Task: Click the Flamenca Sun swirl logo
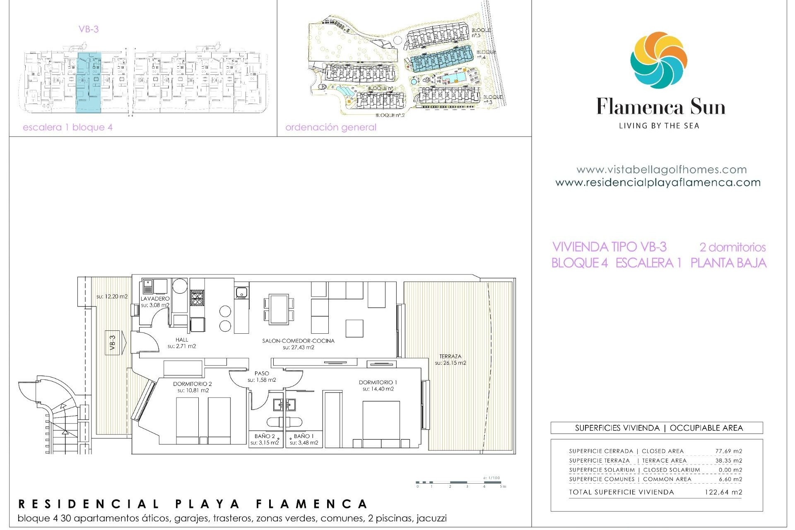pos(658,60)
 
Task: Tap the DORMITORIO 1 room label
pos(378,383)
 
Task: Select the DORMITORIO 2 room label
pos(193,384)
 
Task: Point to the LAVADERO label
pos(155,299)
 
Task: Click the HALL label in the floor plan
pos(182,340)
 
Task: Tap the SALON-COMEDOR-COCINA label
pos(298,341)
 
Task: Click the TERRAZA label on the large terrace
pos(450,356)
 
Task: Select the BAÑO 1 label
pos(304,436)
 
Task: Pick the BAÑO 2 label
pos(265,436)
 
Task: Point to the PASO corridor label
pos(262,373)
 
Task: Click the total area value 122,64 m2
pos(723,492)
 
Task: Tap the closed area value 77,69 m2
pos(728,451)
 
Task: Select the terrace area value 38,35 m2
pos(728,460)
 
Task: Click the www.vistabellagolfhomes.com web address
pos(661,169)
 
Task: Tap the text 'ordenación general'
pos(331,127)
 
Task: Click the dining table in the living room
pos(279,309)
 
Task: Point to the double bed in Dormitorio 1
pos(381,423)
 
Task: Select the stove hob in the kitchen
pos(197,297)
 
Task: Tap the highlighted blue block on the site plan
pos(442,61)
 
